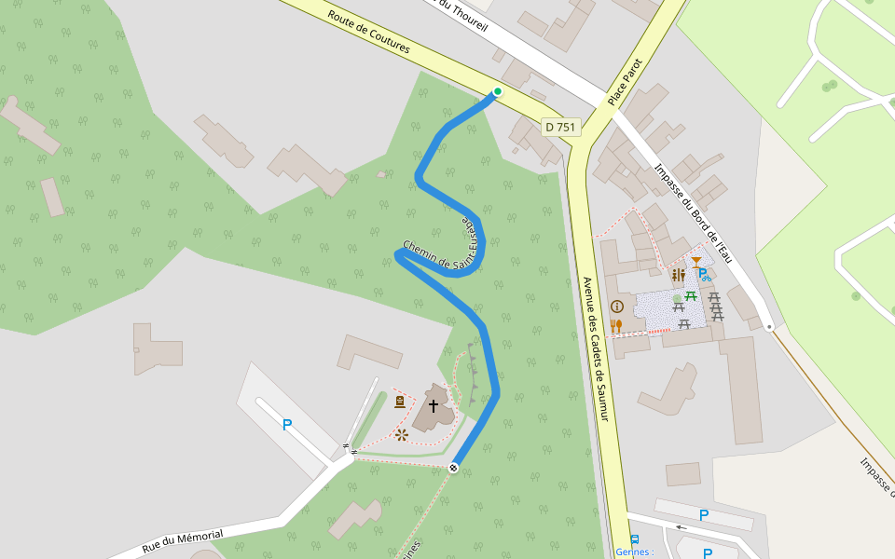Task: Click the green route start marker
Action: click(x=498, y=91)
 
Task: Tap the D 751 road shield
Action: click(x=561, y=127)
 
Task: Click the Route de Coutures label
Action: click(x=368, y=36)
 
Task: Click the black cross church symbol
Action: click(x=433, y=405)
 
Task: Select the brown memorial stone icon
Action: click(x=400, y=402)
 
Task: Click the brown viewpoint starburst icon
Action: click(x=402, y=435)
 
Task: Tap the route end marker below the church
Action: click(x=453, y=467)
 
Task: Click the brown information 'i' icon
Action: click(x=616, y=306)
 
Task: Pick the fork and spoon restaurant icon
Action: click(x=616, y=325)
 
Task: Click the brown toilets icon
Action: click(x=678, y=276)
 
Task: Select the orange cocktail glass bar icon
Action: click(x=696, y=261)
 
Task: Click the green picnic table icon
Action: click(x=691, y=296)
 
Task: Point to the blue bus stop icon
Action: click(x=635, y=539)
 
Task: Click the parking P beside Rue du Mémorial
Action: click(x=287, y=425)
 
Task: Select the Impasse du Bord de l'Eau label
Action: click(x=695, y=213)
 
